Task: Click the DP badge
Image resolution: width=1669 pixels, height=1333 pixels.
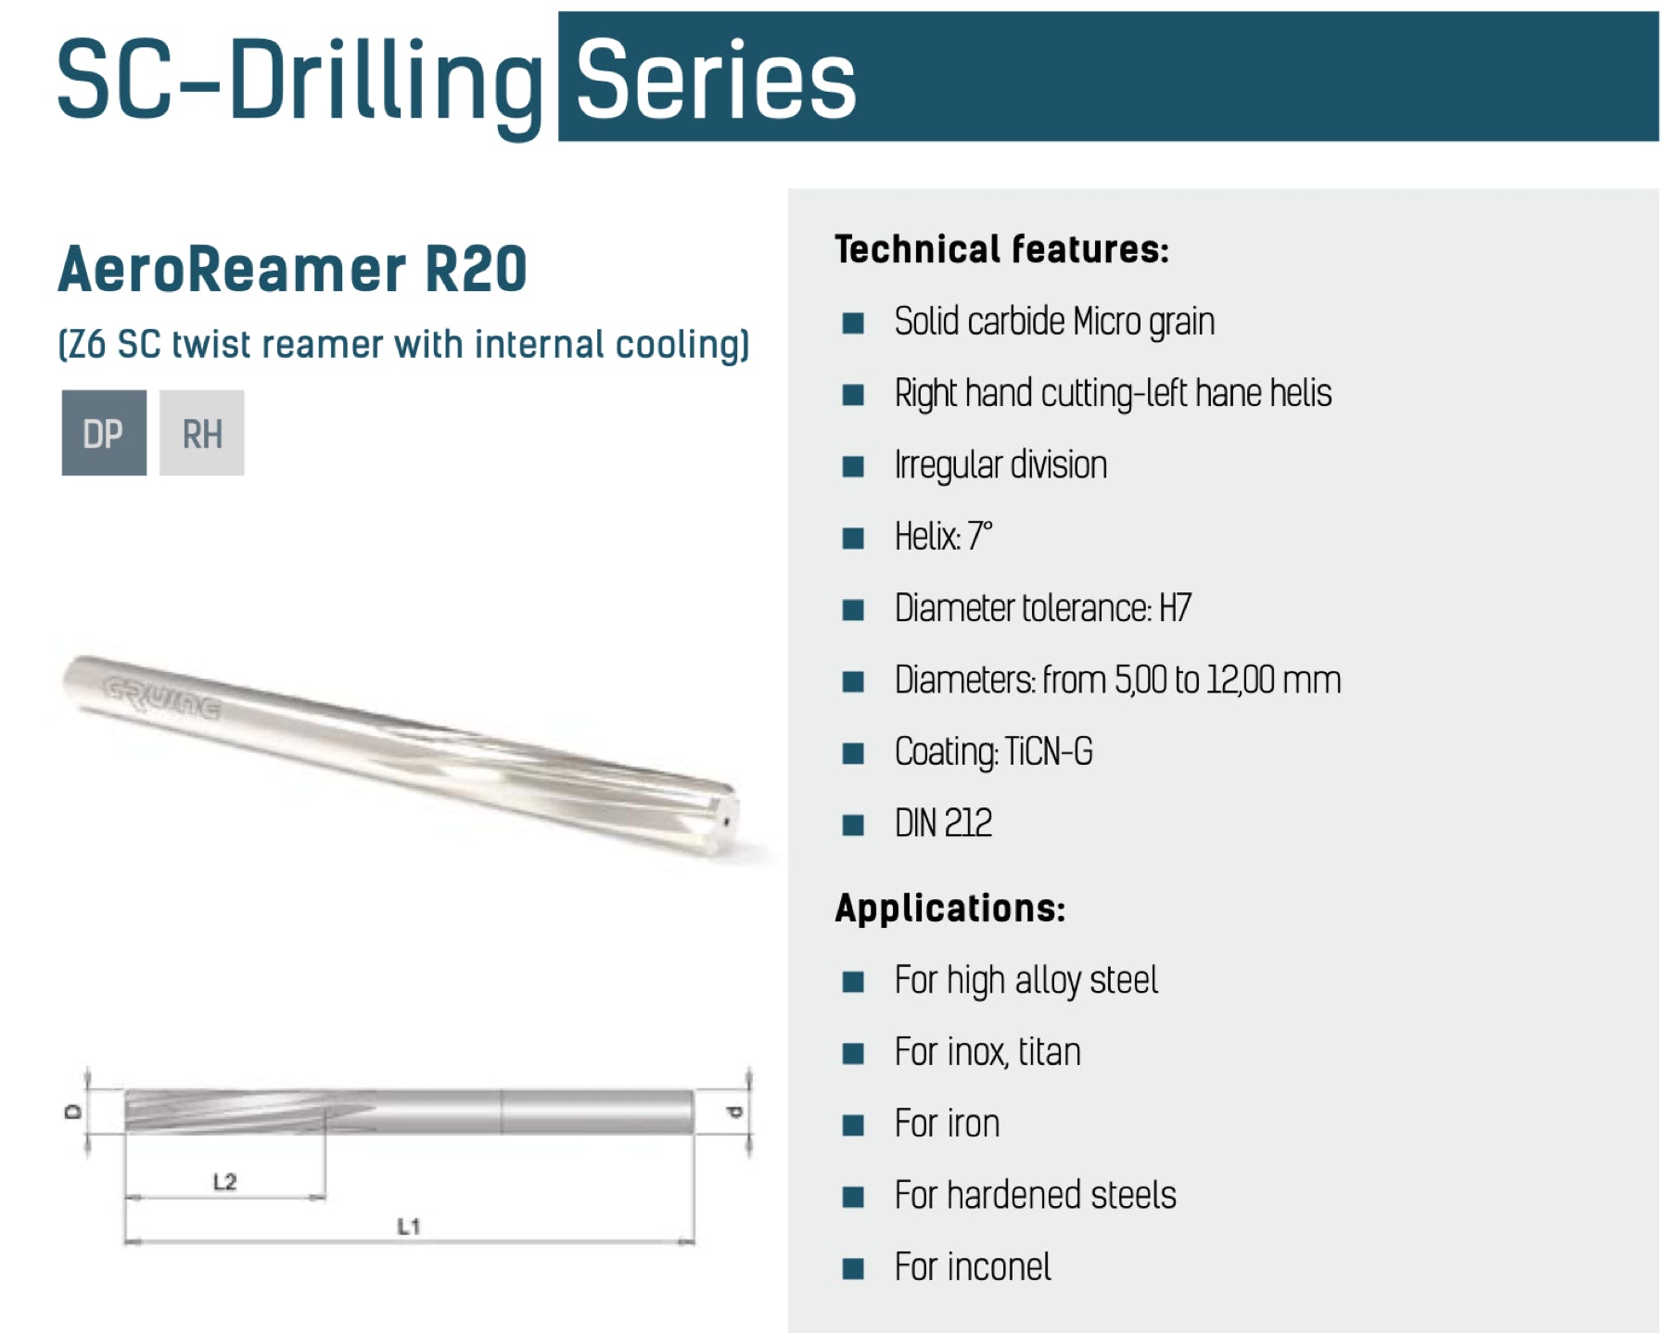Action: click(x=104, y=433)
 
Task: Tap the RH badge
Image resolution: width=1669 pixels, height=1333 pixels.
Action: click(x=201, y=433)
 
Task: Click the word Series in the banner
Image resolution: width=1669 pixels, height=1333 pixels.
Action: click(x=716, y=80)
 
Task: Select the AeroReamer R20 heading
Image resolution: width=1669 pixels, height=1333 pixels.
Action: click(x=293, y=269)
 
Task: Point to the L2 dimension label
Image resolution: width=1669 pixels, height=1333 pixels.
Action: click(x=225, y=1181)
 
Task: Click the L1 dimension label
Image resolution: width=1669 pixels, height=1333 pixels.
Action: click(x=409, y=1225)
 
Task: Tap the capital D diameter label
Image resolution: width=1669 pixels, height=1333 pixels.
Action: click(x=73, y=1111)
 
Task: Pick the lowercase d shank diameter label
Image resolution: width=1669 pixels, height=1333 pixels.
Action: click(x=733, y=1111)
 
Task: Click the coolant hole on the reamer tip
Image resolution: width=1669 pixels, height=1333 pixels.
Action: click(x=726, y=821)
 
